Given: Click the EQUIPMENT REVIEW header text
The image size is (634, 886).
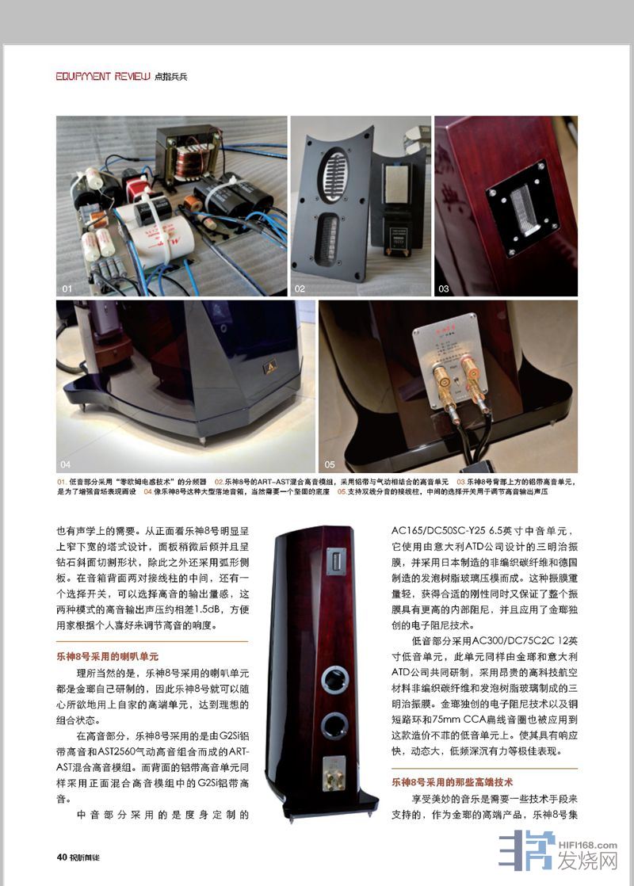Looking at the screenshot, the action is [103, 76].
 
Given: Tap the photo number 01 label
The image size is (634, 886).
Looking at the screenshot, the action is [67, 288].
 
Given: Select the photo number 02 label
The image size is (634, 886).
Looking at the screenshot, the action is [300, 288].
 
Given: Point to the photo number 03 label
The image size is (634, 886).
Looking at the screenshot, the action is [444, 288].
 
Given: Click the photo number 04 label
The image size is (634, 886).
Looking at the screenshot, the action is [66, 464].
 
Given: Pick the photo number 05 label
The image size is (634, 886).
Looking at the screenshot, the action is [330, 464].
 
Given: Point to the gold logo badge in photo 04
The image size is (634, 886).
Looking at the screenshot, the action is [270, 368].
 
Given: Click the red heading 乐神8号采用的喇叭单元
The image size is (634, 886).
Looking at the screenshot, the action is [107, 657].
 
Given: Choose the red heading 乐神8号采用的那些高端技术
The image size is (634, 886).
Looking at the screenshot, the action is [452, 783].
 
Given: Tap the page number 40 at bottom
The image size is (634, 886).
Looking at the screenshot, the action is [62, 857].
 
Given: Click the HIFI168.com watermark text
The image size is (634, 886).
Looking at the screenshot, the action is [587, 846].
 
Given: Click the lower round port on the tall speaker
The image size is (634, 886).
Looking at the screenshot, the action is [334, 725].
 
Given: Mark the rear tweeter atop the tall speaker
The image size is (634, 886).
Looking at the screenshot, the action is [336, 561].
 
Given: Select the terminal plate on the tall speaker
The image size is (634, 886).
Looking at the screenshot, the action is [334, 773].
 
